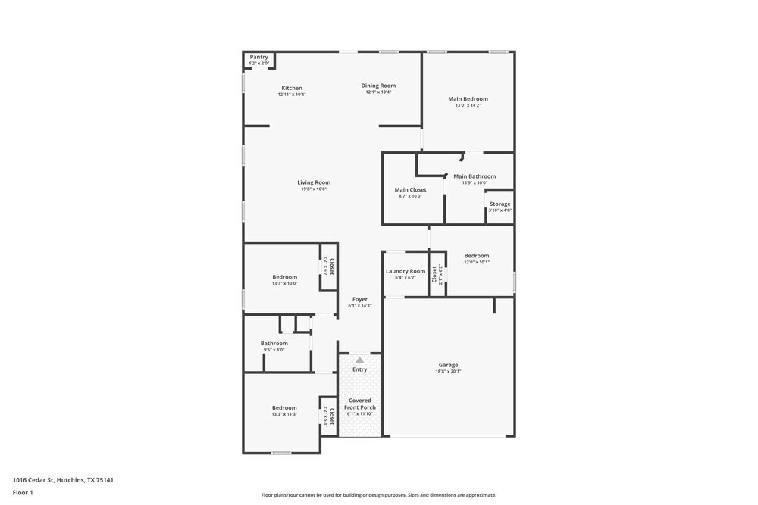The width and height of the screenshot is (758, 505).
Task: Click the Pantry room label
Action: (259, 57)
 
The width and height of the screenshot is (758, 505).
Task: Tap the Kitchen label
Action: (292, 88)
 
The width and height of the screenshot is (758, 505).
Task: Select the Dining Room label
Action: (378, 86)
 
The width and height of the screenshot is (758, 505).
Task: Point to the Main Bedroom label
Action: (468, 98)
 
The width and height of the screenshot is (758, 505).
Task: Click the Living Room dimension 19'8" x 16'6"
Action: (313, 189)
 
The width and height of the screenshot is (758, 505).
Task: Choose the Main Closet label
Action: (410, 189)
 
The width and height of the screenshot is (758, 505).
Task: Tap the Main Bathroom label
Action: (475, 176)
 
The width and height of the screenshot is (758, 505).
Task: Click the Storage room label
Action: (500, 204)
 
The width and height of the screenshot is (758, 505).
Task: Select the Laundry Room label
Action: (406, 271)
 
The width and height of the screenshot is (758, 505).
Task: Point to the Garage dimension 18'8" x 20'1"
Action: (448, 371)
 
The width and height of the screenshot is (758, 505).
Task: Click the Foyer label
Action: (360, 299)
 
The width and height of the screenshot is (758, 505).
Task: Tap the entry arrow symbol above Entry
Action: (360, 360)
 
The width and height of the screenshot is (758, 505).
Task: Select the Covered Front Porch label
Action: (360, 404)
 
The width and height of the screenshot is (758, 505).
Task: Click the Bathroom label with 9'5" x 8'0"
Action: (274, 343)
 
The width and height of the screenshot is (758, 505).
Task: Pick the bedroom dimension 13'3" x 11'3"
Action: (284, 414)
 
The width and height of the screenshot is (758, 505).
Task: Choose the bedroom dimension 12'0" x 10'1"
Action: (477, 262)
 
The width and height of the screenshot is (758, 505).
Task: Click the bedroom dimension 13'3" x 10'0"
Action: (284, 283)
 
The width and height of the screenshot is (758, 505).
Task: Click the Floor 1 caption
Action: (23, 492)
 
